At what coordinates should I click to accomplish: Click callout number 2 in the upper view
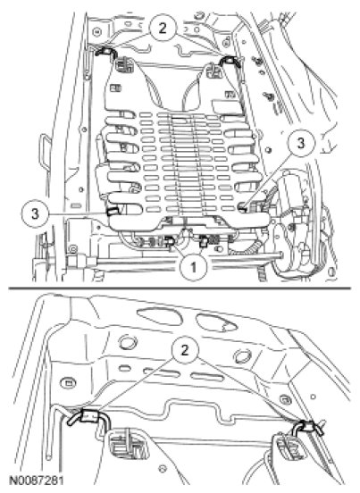(x=162, y=28)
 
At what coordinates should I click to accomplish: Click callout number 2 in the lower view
(x=185, y=351)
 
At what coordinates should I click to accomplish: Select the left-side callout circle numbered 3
(x=35, y=214)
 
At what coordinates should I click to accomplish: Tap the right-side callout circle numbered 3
(x=301, y=144)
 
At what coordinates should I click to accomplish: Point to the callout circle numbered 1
(x=193, y=267)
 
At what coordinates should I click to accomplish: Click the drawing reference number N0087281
(x=37, y=480)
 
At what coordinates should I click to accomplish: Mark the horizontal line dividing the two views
(x=180, y=288)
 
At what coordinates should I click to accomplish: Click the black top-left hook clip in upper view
(x=105, y=52)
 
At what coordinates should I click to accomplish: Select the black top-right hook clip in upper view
(x=230, y=62)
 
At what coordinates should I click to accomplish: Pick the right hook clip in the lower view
(x=308, y=427)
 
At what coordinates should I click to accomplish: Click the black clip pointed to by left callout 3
(x=112, y=212)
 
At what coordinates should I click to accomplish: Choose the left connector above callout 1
(x=171, y=240)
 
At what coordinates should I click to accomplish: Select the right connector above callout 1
(x=205, y=241)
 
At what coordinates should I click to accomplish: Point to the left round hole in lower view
(x=128, y=343)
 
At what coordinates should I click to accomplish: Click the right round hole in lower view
(x=242, y=356)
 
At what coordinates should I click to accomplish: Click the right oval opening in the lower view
(x=217, y=323)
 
